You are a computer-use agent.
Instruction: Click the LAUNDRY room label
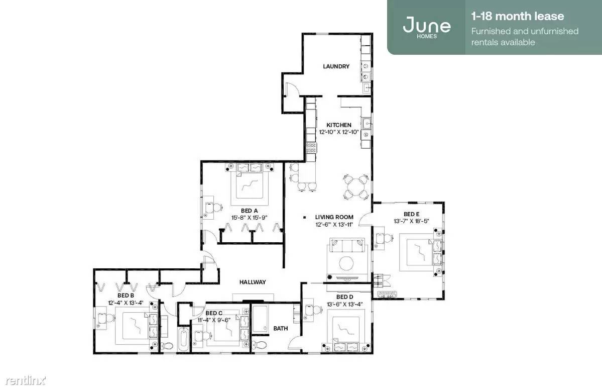(336, 66)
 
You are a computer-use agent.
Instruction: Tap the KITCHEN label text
(338, 125)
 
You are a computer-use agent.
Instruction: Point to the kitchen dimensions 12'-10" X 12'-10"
(338, 132)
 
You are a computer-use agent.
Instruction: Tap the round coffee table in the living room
(346, 263)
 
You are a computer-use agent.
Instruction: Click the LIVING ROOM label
(334, 217)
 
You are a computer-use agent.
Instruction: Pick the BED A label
(249, 211)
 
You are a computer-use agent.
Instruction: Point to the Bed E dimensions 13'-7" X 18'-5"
(411, 221)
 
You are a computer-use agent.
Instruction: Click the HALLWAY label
(253, 282)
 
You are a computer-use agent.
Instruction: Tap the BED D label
(344, 297)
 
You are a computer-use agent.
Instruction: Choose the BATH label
(281, 329)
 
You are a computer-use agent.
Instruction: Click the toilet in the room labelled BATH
(260, 344)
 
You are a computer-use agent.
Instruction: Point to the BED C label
(214, 313)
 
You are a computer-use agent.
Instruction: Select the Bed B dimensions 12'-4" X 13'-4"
(126, 303)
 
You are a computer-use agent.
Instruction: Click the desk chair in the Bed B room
(108, 318)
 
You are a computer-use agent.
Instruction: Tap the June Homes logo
(427, 26)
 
